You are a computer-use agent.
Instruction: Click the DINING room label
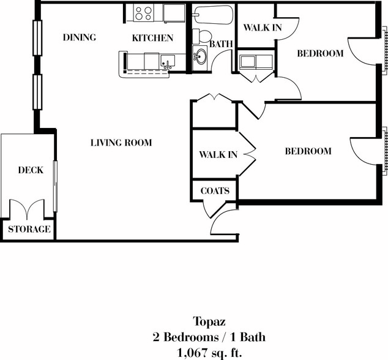[x=80, y=37]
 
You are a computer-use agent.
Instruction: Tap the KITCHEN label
[x=152, y=38]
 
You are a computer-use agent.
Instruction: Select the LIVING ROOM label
[x=121, y=143]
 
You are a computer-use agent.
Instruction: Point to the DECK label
[x=31, y=170]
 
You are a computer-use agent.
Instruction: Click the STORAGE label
[x=29, y=229]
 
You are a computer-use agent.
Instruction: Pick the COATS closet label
[x=215, y=190]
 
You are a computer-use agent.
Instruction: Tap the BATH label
[x=221, y=44]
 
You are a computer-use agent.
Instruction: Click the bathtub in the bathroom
[x=213, y=15]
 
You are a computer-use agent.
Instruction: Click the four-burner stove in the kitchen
[x=144, y=13]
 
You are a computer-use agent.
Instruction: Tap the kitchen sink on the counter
[x=168, y=61]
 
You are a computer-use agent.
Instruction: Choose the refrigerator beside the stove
[x=174, y=13]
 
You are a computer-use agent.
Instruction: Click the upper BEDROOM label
[x=320, y=53]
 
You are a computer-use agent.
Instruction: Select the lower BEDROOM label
[x=308, y=151]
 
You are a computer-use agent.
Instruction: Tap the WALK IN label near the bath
[x=263, y=28]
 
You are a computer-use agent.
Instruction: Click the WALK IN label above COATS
[x=218, y=155]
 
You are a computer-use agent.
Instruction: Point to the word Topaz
[x=209, y=322]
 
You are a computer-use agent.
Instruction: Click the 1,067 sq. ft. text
[x=209, y=353]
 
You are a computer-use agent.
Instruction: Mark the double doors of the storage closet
[x=27, y=209]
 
